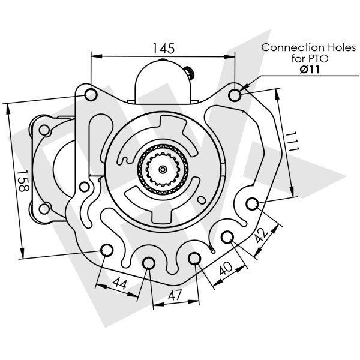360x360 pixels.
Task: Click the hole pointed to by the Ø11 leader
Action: (235, 95)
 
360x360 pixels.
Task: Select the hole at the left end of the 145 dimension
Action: (91, 95)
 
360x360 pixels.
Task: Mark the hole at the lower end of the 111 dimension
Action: (252, 203)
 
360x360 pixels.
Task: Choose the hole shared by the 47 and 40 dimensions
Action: (194, 258)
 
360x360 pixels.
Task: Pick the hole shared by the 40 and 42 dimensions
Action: (227, 238)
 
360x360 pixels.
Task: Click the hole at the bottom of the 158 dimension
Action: (106, 250)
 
